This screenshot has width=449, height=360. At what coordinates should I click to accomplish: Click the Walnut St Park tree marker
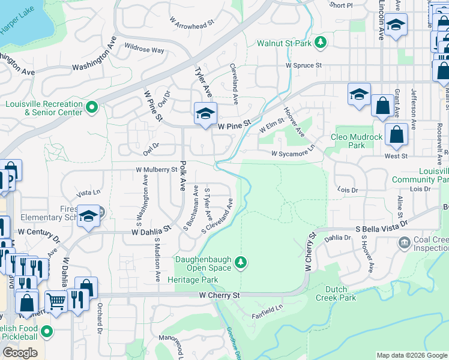pos(321,42)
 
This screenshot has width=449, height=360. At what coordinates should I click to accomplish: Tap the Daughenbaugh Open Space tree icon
pos(241,262)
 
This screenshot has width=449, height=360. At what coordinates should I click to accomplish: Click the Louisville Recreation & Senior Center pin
pos(91,107)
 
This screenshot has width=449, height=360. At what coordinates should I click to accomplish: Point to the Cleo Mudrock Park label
pos(357,141)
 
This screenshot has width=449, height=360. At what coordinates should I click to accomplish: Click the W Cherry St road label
pos(219,295)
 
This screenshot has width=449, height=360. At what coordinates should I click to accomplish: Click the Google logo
pos(20,353)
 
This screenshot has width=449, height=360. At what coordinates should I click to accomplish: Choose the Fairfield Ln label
pos(267,308)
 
